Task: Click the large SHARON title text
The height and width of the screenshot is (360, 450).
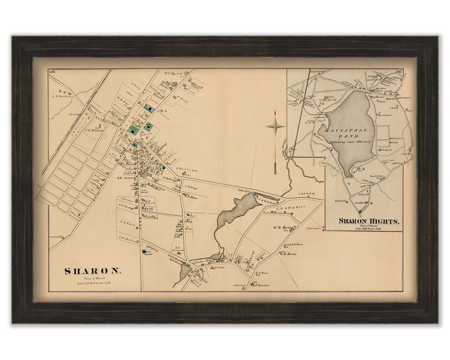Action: tap(92, 271)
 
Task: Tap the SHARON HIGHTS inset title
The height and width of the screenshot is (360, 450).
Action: tap(369, 221)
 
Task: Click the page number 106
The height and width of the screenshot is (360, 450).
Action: tap(52, 72)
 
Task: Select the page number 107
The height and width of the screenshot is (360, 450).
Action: tap(398, 72)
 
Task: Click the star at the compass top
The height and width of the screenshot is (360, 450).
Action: tap(275, 126)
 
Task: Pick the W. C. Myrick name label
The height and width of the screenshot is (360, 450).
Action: tap(175, 74)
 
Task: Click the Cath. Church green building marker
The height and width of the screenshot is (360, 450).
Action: tap(145, 252)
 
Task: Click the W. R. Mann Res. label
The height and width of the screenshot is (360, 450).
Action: tap(282, 228)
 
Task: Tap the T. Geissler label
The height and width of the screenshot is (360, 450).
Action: tap(315, 228)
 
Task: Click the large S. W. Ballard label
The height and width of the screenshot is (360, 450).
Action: tap(94, 130)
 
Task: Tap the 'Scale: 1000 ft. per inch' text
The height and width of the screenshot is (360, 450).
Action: tap(369, 229)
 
